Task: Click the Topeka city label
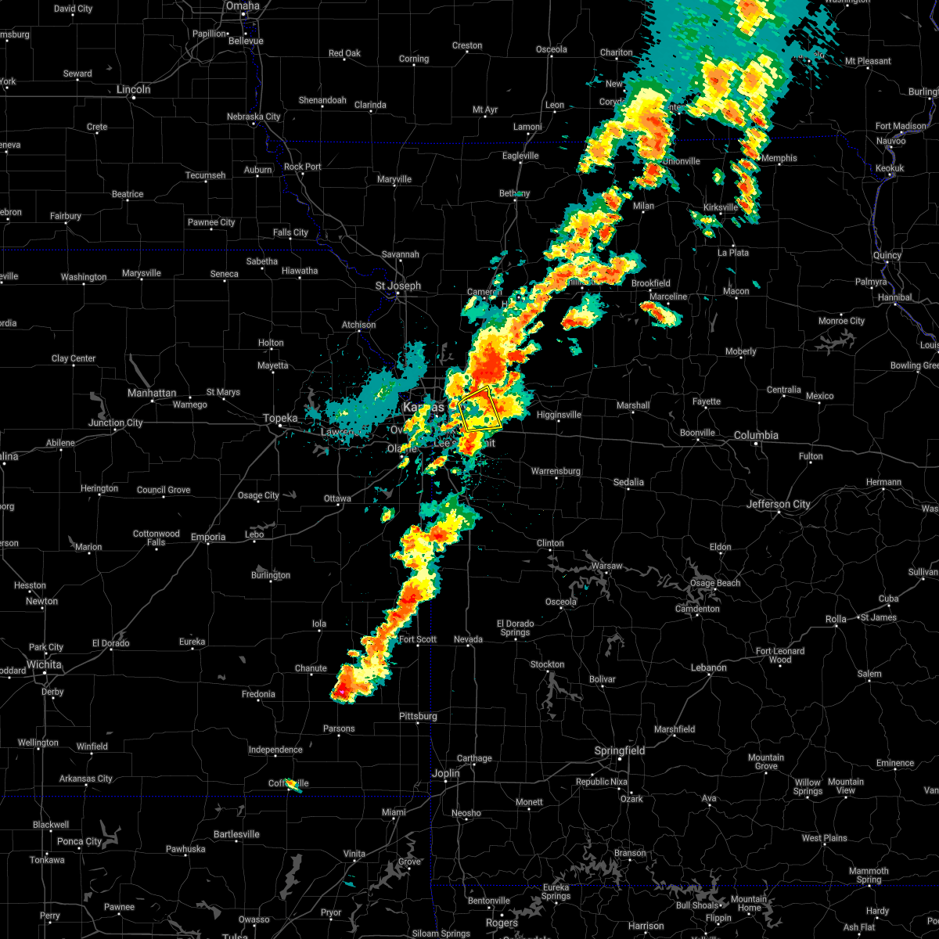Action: click(280, 419)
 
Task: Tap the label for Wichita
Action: click(44, 664)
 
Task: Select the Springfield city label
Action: click(621, 750)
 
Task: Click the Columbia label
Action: click(756, 435)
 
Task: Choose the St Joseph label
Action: click(398, 286)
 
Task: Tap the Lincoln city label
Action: click(133, 89)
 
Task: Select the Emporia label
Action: click(207, 537)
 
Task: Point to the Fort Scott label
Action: click(418, 639)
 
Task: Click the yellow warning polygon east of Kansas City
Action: click(480, 408)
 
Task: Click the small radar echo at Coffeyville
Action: click(293, 783)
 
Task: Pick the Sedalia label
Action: click(628, 482)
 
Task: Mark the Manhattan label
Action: click(152, 393)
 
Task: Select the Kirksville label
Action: click(721, 207)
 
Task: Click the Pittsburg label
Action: click(418, 716)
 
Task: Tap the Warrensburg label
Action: click(556, 471)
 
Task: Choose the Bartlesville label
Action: click(236, 834)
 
